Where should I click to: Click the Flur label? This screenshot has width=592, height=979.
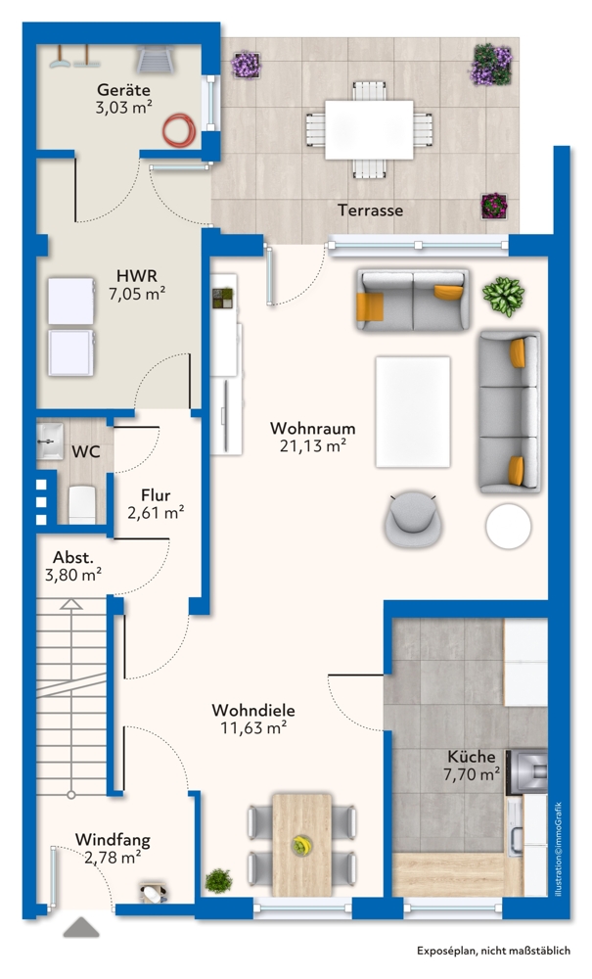[x=156, y=494]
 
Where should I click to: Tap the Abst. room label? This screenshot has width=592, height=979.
[x=73, y=558]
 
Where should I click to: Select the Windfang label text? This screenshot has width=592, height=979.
[x=113, y=839]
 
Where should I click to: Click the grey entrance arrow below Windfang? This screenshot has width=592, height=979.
[x=81, y=927]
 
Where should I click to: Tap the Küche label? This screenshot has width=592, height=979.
[x=472, y=756]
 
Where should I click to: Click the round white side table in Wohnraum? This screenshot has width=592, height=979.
[x=511, y=526]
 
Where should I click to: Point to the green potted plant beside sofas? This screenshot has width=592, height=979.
[x=504, y=295]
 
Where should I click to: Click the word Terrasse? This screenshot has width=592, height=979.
[x=370, y=210]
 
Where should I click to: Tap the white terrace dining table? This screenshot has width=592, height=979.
[x=368, y=126]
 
